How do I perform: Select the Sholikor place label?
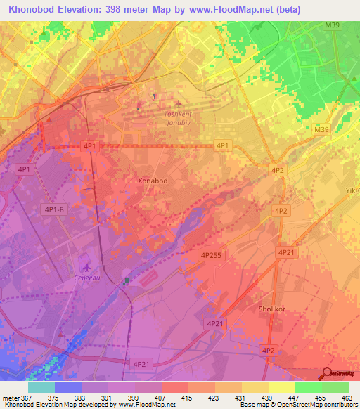click(x=266, y=308)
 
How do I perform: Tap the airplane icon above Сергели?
click(x=86, y=266)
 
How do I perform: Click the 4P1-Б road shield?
click(x=54, y=209)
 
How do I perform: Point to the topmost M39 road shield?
click(x=332, y=26)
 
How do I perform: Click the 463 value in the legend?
click(x=347, y=397)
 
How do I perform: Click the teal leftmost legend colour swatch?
click(x=41, y=387)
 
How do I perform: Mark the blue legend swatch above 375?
click(x=68, y=387)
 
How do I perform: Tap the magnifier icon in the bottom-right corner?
click(x=328, y=374)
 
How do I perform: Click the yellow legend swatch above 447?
click(x=282, y=387)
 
